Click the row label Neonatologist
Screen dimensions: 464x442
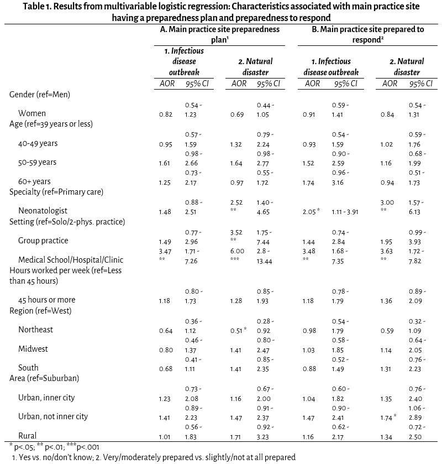(43, 211)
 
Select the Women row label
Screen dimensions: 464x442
(32, 114)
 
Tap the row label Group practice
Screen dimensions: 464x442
(43, 241)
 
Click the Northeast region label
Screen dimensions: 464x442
(36, 330)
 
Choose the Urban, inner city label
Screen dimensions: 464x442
(46, 398)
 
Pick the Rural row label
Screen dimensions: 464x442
(28, 436)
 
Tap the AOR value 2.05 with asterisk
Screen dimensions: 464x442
(312, 211)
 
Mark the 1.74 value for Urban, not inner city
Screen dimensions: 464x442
(388, 416)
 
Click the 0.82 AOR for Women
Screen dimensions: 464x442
(165, 114)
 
